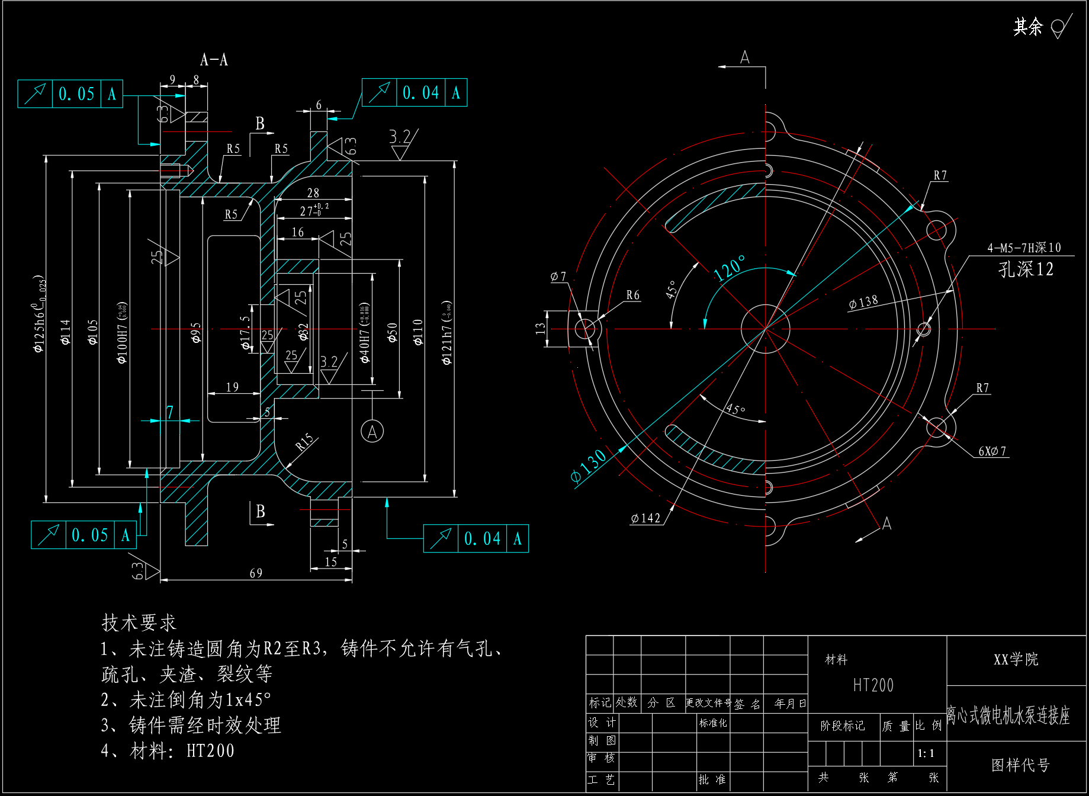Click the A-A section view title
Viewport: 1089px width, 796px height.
(214, 60)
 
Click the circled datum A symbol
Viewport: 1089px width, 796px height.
(372, 431)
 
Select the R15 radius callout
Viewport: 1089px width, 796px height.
(304, 442)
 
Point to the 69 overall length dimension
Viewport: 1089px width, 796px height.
(256, 573)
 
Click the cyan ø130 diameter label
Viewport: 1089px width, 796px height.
(588, 466)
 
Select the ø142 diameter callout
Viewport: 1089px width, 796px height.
(645, 518)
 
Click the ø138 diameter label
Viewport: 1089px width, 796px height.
(863, 302)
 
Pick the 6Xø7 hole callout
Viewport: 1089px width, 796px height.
(992, 451)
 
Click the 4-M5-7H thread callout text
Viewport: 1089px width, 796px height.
(1024, 248)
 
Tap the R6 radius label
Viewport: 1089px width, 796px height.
(633, 295)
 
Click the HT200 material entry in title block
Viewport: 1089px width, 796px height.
(873, 685)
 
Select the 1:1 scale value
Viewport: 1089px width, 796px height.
(926, 753)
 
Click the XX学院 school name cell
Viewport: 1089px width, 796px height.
(1016, 659)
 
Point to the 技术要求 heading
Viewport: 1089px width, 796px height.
(139, 622)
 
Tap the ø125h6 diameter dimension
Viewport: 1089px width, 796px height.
(39, 314)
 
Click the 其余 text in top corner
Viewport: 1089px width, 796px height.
(1027, 27)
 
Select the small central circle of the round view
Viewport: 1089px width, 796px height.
(765, 329)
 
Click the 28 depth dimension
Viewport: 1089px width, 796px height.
(313, 193)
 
